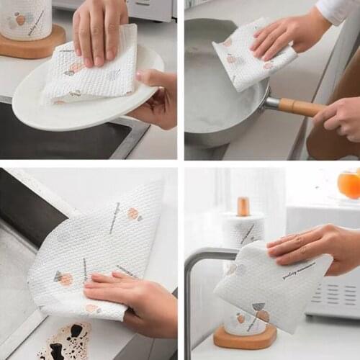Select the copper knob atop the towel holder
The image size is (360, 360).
243,207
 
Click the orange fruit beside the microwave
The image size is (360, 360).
349,185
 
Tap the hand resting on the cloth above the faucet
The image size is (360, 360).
317,245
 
